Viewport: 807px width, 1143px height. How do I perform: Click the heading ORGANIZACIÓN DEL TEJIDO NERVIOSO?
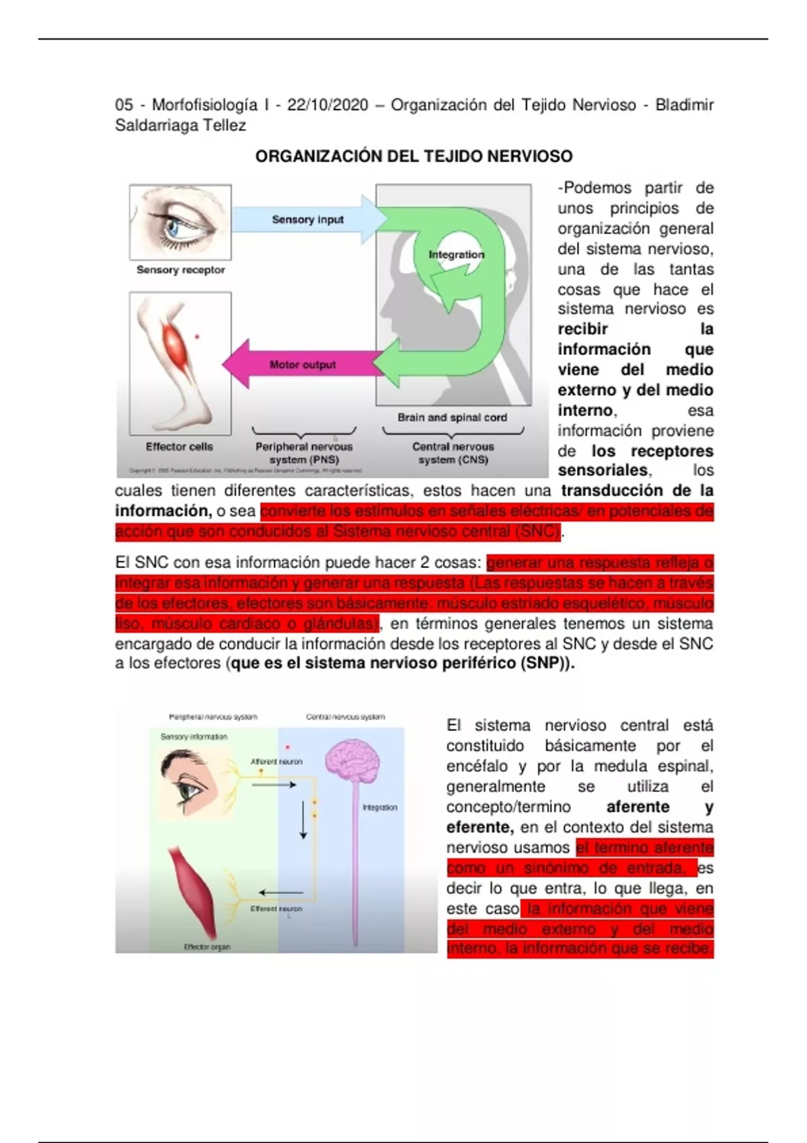414,157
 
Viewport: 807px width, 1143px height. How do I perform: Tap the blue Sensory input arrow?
308,219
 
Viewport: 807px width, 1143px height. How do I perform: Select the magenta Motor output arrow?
303,364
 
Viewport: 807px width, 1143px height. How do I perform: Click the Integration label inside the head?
456,254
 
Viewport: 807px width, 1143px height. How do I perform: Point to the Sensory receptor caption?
180,270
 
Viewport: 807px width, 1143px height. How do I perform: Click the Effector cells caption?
179,446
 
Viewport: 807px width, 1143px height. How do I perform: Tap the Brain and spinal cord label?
452,417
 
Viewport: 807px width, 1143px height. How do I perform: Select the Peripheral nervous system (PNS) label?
304,452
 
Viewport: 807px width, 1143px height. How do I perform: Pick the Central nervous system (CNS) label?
453,452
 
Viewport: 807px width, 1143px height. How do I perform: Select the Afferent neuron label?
276,762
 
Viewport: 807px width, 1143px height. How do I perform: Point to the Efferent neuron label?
276,908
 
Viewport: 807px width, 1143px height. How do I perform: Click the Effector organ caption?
207,947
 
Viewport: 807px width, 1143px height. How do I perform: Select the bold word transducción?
613,490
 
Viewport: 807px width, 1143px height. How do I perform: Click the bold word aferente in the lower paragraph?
638,807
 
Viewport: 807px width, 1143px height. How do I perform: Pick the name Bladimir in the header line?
684,105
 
